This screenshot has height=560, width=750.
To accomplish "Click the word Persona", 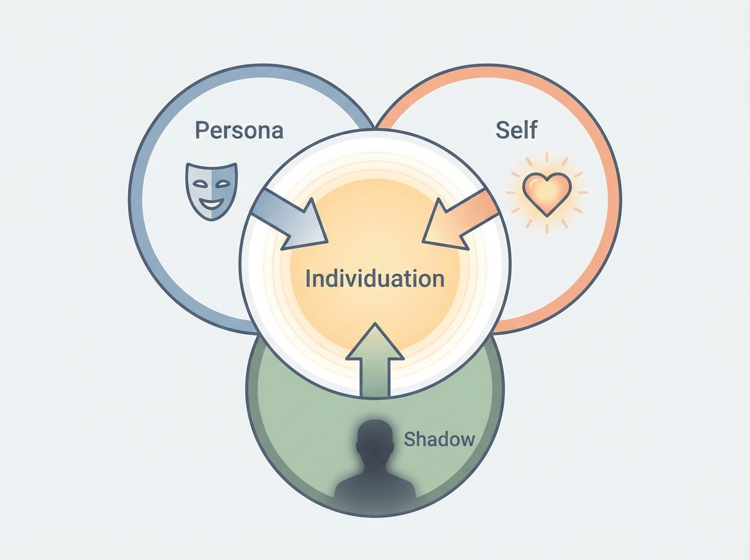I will (x=239, y=130).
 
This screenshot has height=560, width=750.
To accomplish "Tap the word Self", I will (x=517, y=130).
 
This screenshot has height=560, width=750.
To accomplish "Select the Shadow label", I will (x=439, y=439).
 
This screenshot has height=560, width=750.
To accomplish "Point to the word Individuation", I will (x=374, y=278).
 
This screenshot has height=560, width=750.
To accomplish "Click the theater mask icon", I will (x=212, y=189).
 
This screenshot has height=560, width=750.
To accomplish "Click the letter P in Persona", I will (x=201, y=130).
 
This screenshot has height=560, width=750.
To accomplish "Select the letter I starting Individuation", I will (x=307, y=278).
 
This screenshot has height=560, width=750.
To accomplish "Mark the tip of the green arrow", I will (x=375, y=324).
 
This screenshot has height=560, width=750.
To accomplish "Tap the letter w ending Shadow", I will (x=467, y=440).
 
